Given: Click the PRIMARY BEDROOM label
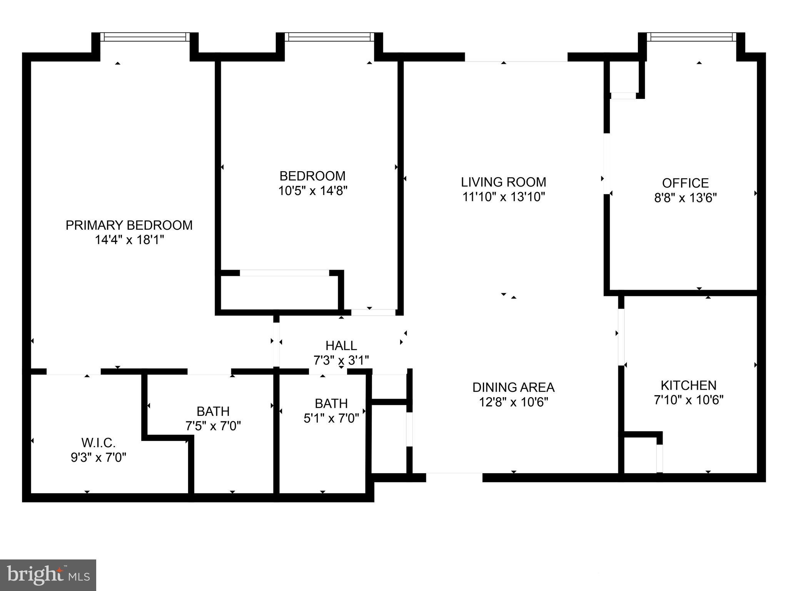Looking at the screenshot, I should [x=129, y=225].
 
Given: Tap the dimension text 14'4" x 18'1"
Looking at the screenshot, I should [x=129, y=240].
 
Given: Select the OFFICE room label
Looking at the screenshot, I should [x=685, y=183].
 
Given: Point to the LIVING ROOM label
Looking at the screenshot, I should [x=503, y=182].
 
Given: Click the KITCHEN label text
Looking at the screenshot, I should [x=688, y=385].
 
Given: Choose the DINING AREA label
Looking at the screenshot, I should [x=513, y=387].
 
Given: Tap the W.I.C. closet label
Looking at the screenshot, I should [x=98, y=443].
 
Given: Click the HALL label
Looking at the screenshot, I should [x=341, y=346].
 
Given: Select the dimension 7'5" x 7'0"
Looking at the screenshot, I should [x=213, y=426].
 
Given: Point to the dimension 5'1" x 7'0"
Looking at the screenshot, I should [x=331, y=418].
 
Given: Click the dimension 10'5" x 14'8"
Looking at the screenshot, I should [x=313, y=191].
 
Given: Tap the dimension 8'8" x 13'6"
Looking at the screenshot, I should [x=685, y=198].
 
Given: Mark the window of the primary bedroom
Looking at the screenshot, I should [x=145, y=37].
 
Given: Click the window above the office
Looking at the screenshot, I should [x=691, y=37].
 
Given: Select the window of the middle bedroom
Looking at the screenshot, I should [x=329, y=37].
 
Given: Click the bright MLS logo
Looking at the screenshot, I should [x=48, y=575].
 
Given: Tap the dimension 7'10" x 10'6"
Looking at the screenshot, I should [x=688, y=400].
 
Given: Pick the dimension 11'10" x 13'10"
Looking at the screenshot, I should [x=503, y=197].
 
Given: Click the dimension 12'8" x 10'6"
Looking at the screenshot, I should [x=513, y=402].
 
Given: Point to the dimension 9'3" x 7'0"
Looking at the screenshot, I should [x=98, y=458].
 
